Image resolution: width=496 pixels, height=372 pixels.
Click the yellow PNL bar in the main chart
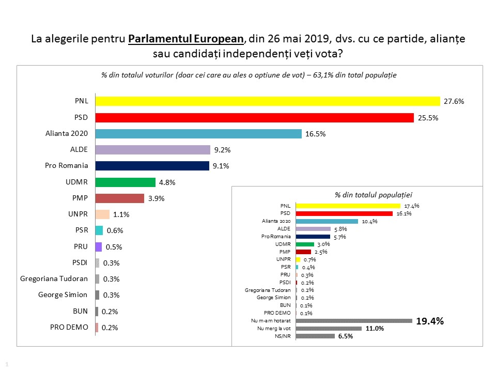point(268,101)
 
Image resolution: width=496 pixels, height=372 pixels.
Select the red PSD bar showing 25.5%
point(255,118)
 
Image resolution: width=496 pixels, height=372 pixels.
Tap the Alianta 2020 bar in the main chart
point(198,134)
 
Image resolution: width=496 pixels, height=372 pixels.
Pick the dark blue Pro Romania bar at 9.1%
point(153,166)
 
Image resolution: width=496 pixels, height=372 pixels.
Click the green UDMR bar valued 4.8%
point(126,182)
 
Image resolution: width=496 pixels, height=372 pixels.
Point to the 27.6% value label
point(454,102)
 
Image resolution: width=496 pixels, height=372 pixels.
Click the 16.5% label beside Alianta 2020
point(316,134)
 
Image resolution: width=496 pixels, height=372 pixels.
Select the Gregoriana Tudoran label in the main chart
point(55,279)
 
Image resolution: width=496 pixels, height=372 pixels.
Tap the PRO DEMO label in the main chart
point(69,328)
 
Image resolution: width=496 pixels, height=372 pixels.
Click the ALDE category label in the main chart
point(79,150)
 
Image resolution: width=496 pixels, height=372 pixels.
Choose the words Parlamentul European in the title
point(185,39)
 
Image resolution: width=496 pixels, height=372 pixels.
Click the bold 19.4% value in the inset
point(430,321)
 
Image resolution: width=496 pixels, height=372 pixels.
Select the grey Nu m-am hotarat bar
point(354,321)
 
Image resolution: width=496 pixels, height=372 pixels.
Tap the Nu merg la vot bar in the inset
point(329,329)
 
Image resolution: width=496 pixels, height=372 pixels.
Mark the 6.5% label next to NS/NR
point(345,336)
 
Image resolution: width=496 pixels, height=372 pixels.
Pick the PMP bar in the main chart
point(120,198)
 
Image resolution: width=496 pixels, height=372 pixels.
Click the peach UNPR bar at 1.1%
point(103,214)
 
